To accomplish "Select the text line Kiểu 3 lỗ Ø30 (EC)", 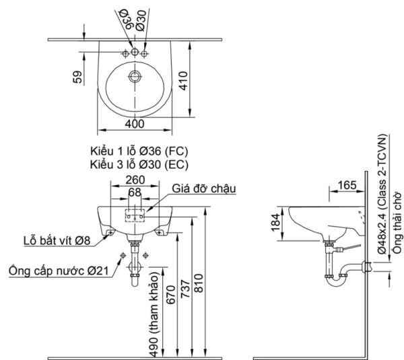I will pyautogui.click(x=138, y=164).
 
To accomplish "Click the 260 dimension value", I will pyautogui.click(x=136, y=180).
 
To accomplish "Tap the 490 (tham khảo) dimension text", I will pyautogui.click(x=154, y=315).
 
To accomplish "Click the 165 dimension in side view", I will pyautogui.click(x=347, y=183).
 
